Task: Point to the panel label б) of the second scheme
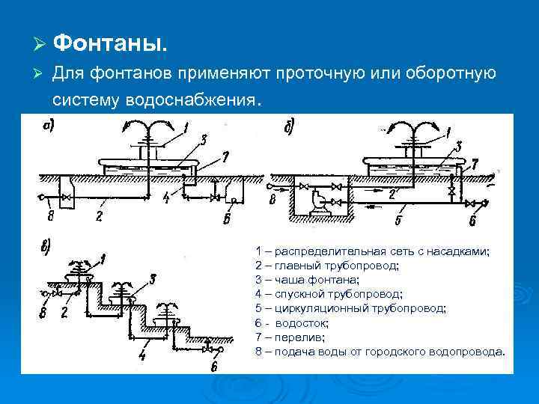290,126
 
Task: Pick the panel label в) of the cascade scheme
46,249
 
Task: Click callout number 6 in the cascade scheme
215,366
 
